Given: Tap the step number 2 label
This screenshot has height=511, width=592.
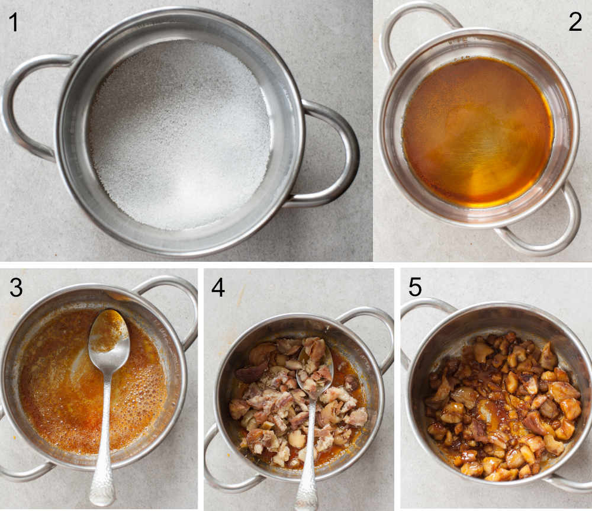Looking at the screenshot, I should (x=575, y=22).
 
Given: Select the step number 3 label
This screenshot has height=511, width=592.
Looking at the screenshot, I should (x=17, y=288).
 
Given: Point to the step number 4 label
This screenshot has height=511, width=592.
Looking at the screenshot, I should (x=218, y=288).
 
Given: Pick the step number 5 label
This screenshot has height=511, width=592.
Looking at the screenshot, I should (x=415, y=288).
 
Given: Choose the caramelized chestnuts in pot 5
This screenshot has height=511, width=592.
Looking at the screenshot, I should (x=503, y=409).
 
